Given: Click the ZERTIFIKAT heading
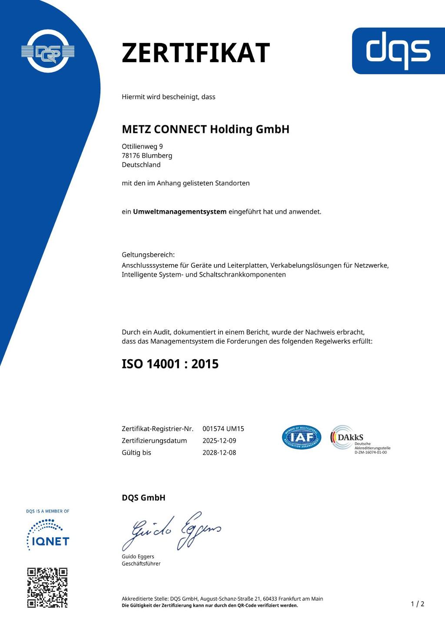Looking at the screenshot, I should click(x=196, y=53).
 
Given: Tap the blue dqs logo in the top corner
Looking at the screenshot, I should click(x=398, y=51).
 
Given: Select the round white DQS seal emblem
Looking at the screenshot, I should click(x=48, y=52).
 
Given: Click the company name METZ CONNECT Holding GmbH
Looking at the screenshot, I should click(x=205, y=129).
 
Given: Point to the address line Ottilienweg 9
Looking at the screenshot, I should click(x=142, y=146).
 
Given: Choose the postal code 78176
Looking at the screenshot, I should click(x=131, y=156).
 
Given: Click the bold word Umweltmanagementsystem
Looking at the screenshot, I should click(x=179, y=212).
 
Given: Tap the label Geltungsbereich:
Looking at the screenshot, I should click(x=148, y=255).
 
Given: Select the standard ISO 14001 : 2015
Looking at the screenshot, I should click(x=170, y=364).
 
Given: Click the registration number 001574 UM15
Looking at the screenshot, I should click(x=223, y=429).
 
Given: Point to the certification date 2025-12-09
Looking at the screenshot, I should click(x=219, y=440).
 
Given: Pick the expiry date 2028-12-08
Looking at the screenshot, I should click(x=219, y=452).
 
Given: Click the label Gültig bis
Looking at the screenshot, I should click(x=136, y=452).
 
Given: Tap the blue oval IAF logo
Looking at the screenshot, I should click(x=302, y=437).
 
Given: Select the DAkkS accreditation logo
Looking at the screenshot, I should click(x=359, y=440).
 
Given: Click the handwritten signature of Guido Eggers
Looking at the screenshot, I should click(x=171, y=531).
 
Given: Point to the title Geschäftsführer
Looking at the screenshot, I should click(x=141, y=563).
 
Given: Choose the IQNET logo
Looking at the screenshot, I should click(x=48, y=535).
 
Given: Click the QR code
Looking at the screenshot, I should click(x=47, y=587).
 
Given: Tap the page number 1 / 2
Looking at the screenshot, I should click(x=417, y=604).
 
